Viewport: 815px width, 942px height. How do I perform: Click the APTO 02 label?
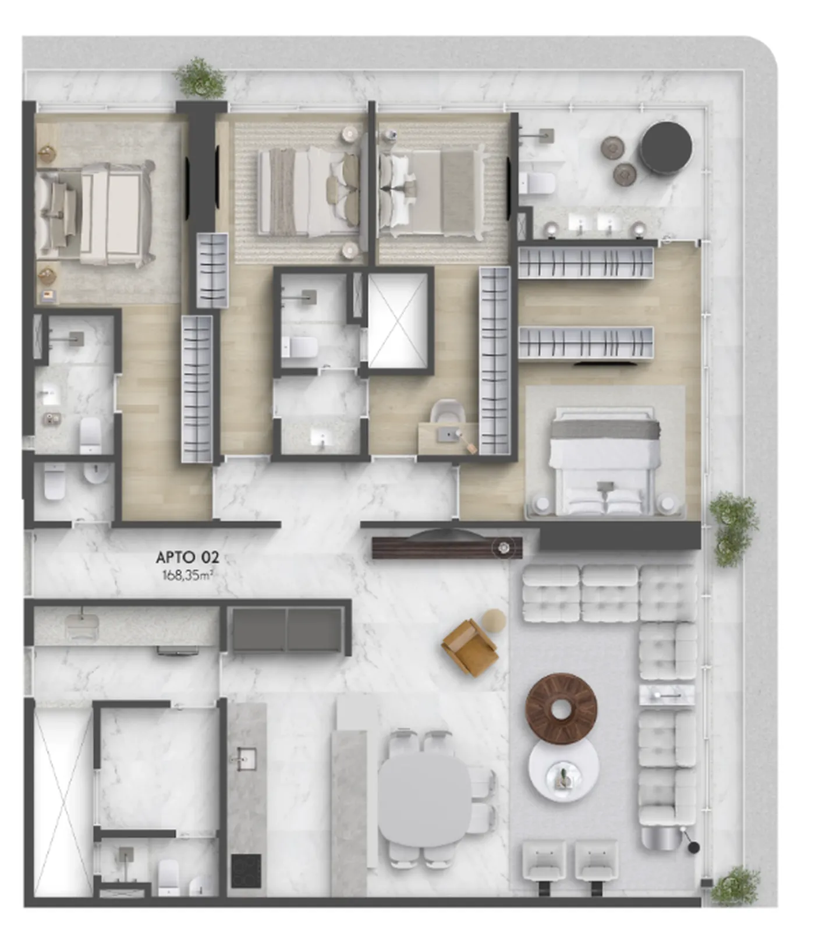coord(187,557)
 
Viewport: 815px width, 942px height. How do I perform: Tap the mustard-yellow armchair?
coord(470,647)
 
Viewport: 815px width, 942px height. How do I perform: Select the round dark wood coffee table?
coord(561,709)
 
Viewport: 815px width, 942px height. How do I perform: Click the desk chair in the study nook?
coord(448,412)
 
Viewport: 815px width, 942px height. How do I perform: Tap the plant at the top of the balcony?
coord(201,77)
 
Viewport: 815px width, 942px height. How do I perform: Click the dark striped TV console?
coord(447,548)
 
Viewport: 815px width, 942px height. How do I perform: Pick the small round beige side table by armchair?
coord(494,620)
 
